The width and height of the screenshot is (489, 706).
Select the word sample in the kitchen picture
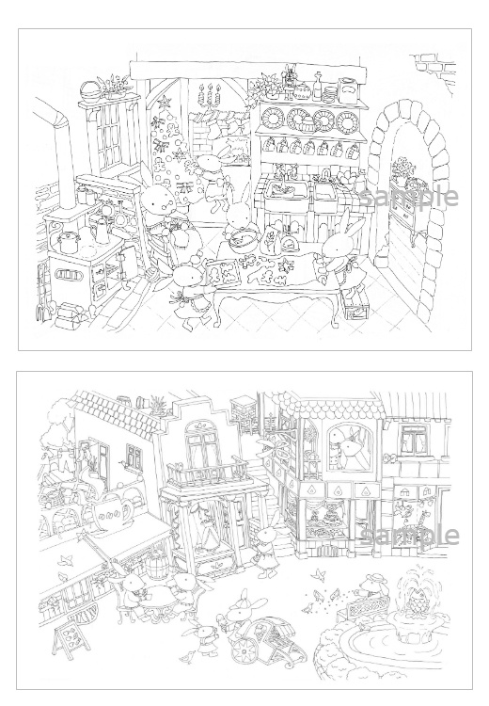pos(409,196)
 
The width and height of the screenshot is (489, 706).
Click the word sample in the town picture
pos(409,535)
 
